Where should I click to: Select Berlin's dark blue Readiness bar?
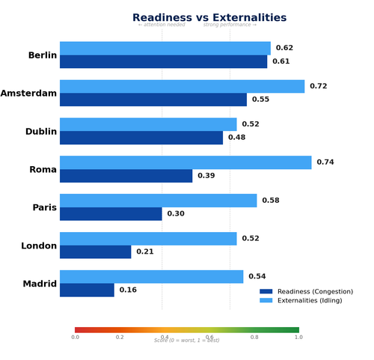pyautogui.click(x=163, y=62)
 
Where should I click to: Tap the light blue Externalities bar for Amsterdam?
pyautogui.click(x=182, y=86)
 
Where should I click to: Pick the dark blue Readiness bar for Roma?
pyautogui.click(x=126, y=176)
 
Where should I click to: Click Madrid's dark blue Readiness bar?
pyautogui.click(x=87, y=290)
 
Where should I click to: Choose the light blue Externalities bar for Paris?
pyautogui.click(x=158, y=201)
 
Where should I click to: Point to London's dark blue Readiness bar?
pyautogui.click(x=95, y=252)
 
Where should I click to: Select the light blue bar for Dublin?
pyautogui.click(x=148, y=124)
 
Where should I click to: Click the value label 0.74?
pyautogui.click(x=325, y=162)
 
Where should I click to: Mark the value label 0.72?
pyautogui.click(x=319, y=87)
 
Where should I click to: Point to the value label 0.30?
pyautogui.click(x=176, y=214)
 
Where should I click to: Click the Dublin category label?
pyautogui.click(x=41, y=132)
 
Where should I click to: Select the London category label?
pyautogui.click(x=40, y=245)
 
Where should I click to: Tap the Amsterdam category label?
pyautogui.click(x=28, y=94)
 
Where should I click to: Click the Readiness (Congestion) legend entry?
pyautogui.click(x=314, y=292)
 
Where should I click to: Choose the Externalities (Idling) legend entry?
pyautogui.click(x=310, y=300)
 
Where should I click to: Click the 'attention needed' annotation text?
pyautogui.click(x=162, y=25)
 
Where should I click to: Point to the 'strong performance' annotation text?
pyautogui.click(x=230, y=25)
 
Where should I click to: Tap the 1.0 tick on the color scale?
pyautogui.click(x=298, y=337)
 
